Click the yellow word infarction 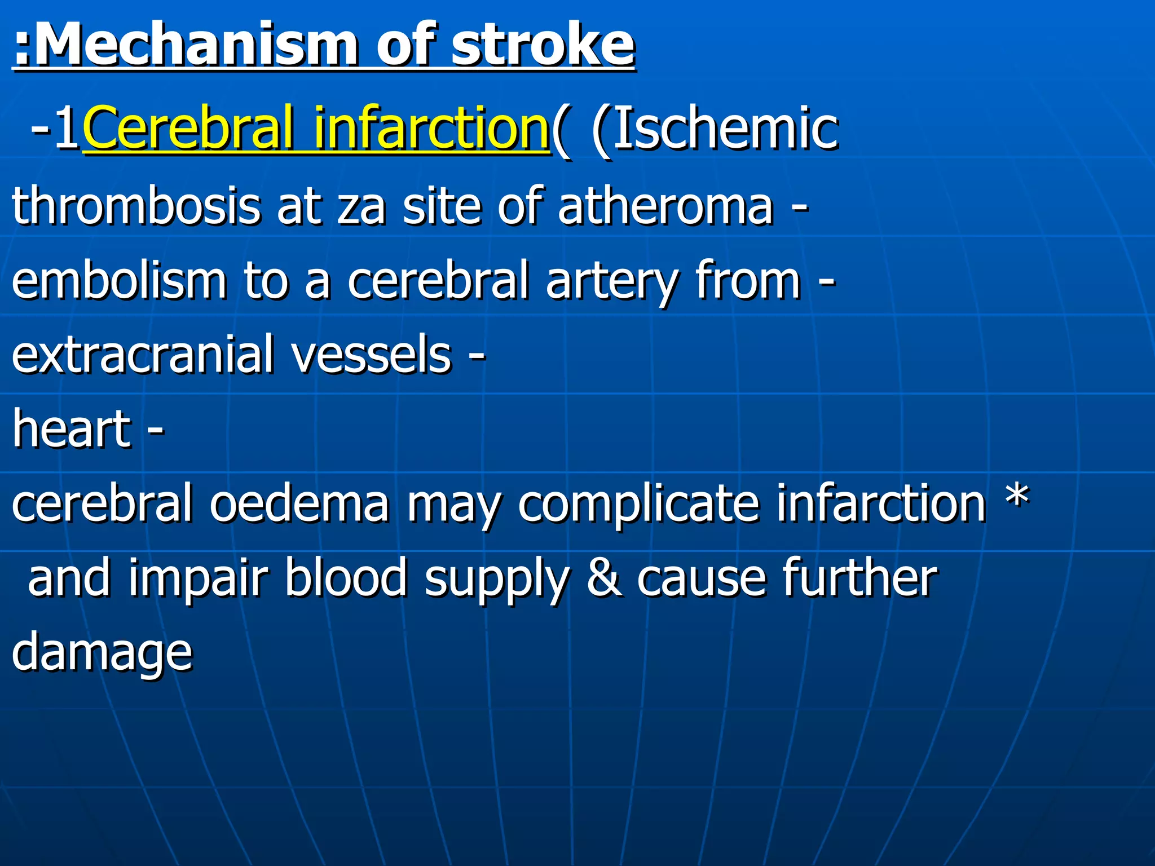tap(431, 129)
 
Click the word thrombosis tap(135, 206)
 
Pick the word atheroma tap(665, 206)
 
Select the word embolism tap(118, 280)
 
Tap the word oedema tap(299, 503)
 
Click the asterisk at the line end tap(1017, 496)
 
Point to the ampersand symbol tap(604, 578)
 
